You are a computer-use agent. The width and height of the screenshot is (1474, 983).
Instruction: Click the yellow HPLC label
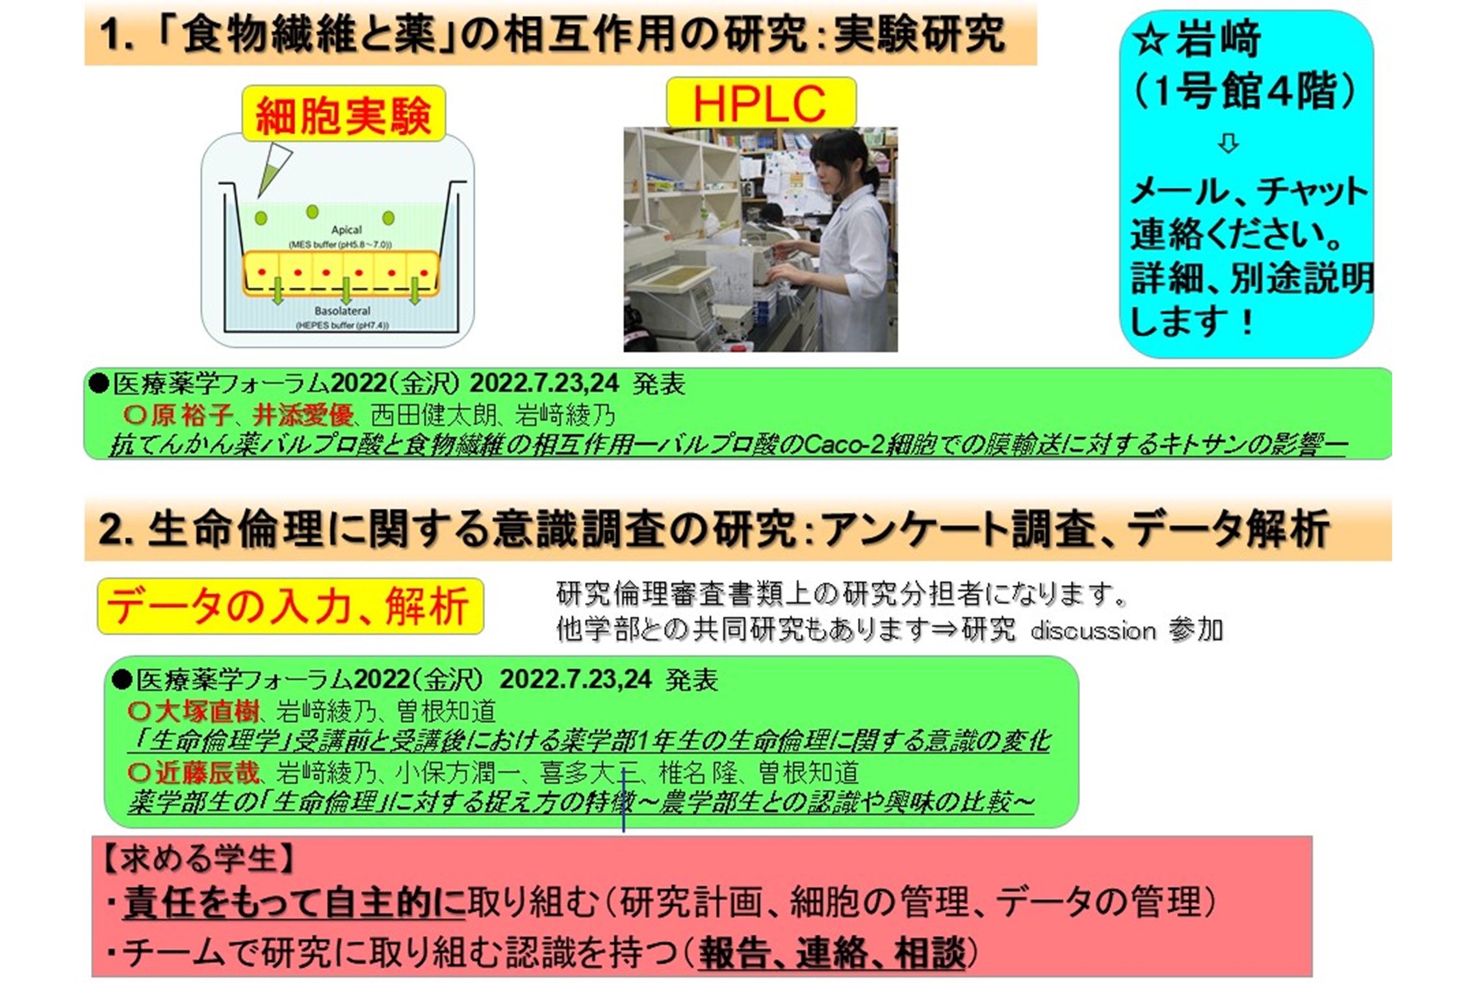click(761, 103)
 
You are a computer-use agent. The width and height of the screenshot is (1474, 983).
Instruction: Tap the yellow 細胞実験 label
click(344, 114)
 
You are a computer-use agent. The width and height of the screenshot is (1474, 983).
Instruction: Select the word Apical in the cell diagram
click(346, 229)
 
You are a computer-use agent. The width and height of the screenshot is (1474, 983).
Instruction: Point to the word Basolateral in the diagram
click(343, 311)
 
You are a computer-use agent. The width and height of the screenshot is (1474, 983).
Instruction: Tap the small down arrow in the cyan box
click(1228, 143)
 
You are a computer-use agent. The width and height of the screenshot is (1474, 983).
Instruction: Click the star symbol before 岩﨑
click(1151, 40)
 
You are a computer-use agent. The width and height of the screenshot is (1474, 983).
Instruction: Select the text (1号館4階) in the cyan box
click(1244, 90)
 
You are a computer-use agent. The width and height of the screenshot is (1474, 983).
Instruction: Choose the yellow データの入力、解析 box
click(291, 606)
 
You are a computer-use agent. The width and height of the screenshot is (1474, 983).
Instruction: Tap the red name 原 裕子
click(192, 415)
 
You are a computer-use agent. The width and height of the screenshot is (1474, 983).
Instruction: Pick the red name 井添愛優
click(303, 415)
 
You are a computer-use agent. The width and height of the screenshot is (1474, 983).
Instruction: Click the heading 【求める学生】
click(198, 859)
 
